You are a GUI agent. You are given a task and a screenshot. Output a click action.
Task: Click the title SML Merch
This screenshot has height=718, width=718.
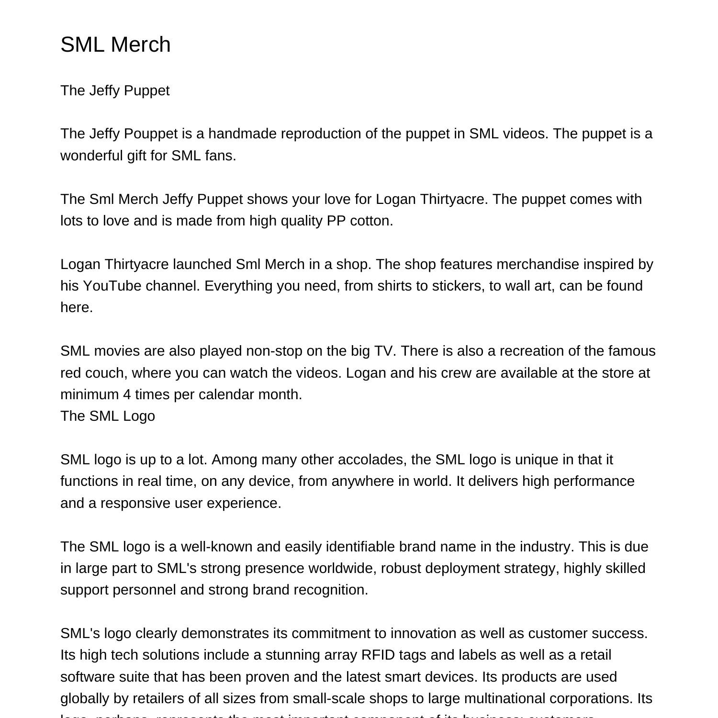[x=115, y=45]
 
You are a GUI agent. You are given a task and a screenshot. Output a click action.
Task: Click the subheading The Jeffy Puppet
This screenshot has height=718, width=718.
[x=115, y=90]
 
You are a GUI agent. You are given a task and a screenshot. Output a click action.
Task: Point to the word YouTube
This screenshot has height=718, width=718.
[x=112, y=286]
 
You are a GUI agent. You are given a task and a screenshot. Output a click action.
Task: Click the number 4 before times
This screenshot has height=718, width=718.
[x=126, y=394]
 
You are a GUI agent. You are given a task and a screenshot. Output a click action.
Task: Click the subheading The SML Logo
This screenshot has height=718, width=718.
[x=108, y=416]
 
